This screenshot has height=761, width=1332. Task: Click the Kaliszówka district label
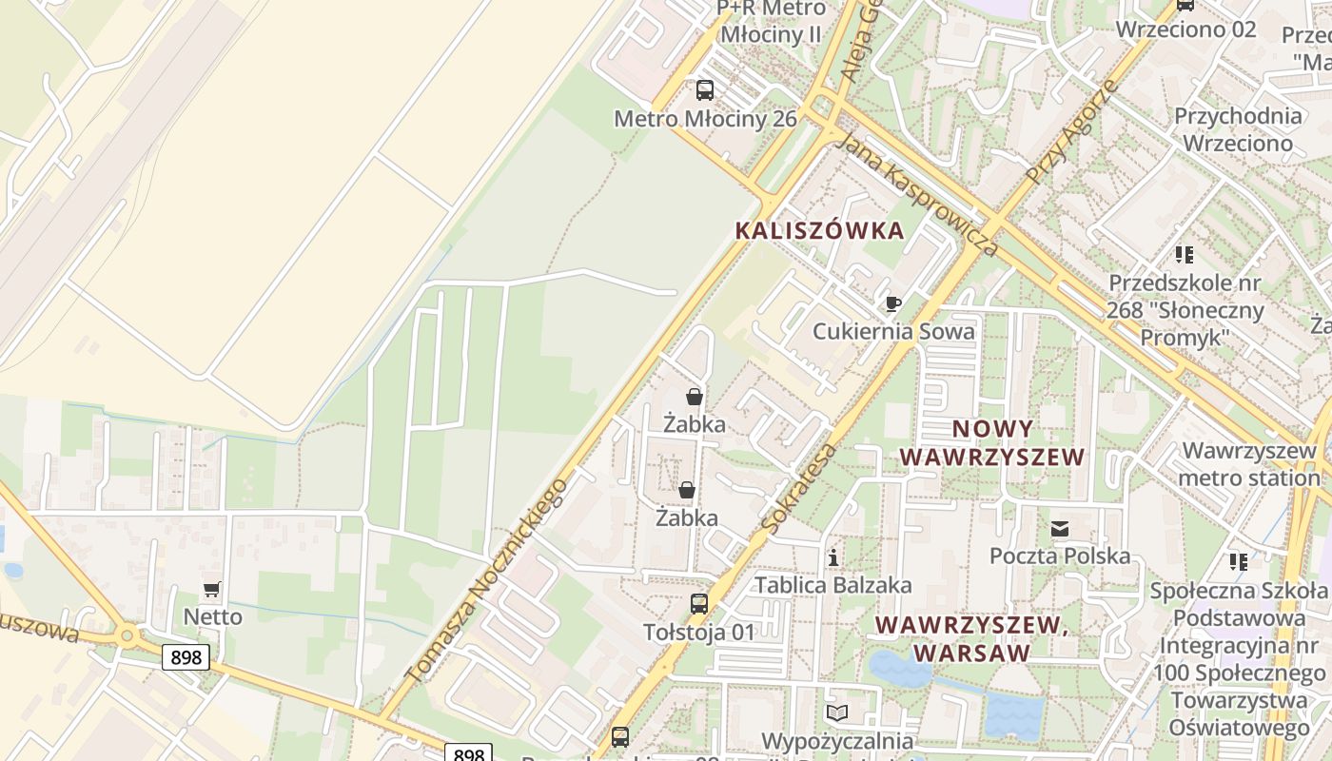[819, 230]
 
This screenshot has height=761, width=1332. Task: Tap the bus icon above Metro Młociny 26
[704, 90]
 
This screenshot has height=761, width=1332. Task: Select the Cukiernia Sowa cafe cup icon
[892, 303]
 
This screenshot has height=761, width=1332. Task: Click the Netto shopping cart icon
[211, 590]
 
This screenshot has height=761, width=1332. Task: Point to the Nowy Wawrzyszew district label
[991, 442]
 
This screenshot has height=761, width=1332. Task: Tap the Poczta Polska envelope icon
[1060, 528]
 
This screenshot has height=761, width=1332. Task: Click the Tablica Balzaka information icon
[833, 557]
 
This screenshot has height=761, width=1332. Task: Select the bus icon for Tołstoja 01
[699, 604]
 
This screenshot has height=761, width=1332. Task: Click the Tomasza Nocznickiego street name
[486, 580]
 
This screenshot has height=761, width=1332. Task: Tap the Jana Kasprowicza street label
[917, 195]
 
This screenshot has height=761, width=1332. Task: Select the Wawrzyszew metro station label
[1248, 463]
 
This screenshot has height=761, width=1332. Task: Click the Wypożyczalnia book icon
[836, 712]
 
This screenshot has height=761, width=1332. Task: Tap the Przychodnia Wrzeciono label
[1238, 129]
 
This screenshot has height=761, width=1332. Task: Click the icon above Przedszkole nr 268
[1184, 254]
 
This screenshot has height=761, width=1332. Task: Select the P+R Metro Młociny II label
[771, 21]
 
